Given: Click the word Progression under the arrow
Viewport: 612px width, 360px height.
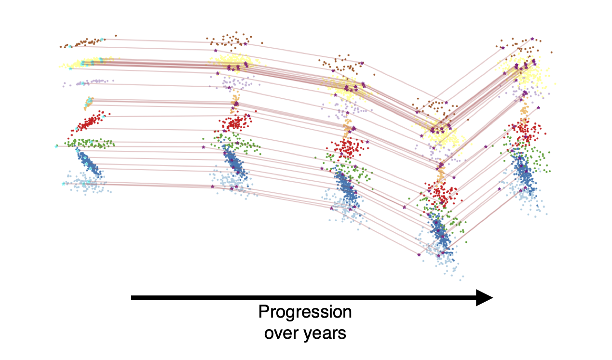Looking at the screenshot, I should click(x=305, y=312).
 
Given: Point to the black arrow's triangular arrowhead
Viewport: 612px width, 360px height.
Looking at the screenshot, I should click(x=484, y=297).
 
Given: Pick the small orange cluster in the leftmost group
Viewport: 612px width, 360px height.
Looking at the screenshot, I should click(x=89, y=102).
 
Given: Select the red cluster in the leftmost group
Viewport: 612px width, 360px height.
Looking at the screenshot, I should click(x=90, y=122).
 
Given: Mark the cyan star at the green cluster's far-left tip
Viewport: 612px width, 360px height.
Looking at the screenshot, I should click(x=57, y=146).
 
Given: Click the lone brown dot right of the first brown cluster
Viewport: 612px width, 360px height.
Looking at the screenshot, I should click(x=116, y=36).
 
